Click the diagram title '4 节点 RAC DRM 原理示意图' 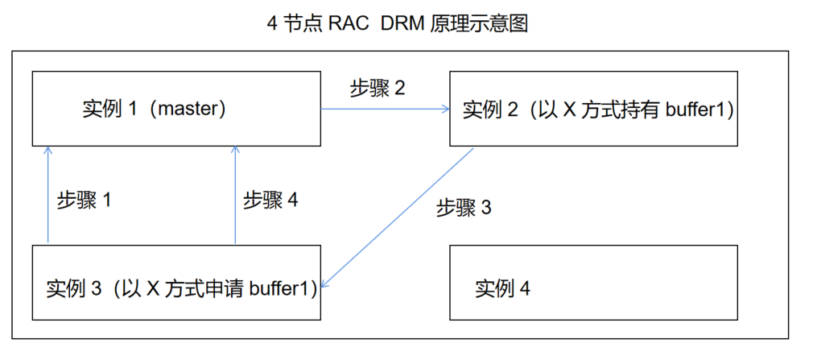point(397,23)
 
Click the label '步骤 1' point(84,201)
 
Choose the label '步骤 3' point(464,208)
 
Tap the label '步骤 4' point(270,201)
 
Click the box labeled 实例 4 point(592,282)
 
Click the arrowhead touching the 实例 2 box point(445,109)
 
